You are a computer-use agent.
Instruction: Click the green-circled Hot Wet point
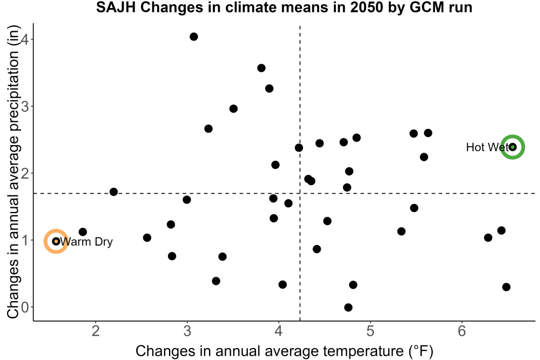tap(512, 147)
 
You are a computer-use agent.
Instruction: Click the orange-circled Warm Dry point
tap(56, 241)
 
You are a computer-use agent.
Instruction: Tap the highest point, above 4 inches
tap(194, 37)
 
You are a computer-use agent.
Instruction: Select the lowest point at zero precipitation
tap(348, 307)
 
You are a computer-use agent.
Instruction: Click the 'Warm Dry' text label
tap(86, 242)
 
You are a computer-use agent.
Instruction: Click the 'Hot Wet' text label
tap(487, 147)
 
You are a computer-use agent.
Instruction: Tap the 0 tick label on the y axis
tap(25, 307)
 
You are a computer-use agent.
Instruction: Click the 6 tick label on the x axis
tap(462, 331)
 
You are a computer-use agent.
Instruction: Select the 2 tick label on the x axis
tap(96, 331)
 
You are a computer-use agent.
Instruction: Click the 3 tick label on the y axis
tap(25, 106)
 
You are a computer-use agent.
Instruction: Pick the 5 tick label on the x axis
tap(370, 331)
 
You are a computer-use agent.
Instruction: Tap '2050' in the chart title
tap(367, 7)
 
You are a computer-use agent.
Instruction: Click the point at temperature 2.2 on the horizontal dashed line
tap(113, 192)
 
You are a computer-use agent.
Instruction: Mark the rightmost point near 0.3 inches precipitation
tap(507, 287)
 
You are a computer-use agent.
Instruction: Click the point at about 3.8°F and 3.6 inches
tap(261, 68)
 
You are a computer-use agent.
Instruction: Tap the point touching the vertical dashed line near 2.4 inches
tap(299, 148)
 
